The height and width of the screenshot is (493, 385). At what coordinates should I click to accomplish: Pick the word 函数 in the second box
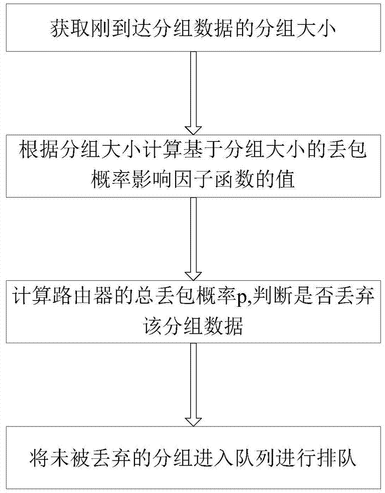point(234,180)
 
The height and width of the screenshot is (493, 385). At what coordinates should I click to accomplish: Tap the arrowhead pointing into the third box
point(193,275)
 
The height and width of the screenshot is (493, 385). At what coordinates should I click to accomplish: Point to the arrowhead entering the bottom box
point(193,421)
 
